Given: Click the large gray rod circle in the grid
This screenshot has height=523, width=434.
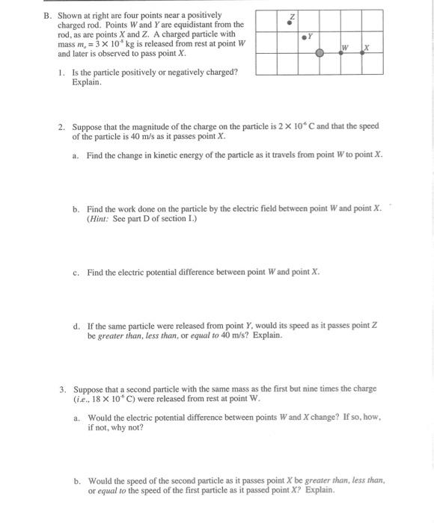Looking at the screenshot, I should [320, 54].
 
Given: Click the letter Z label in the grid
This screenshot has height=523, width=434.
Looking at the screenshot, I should [293, 16].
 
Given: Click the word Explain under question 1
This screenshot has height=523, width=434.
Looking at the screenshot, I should [87, 82].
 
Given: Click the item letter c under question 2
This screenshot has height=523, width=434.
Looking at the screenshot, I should [76, 272].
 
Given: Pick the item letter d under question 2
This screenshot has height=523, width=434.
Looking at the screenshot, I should [76, 326].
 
